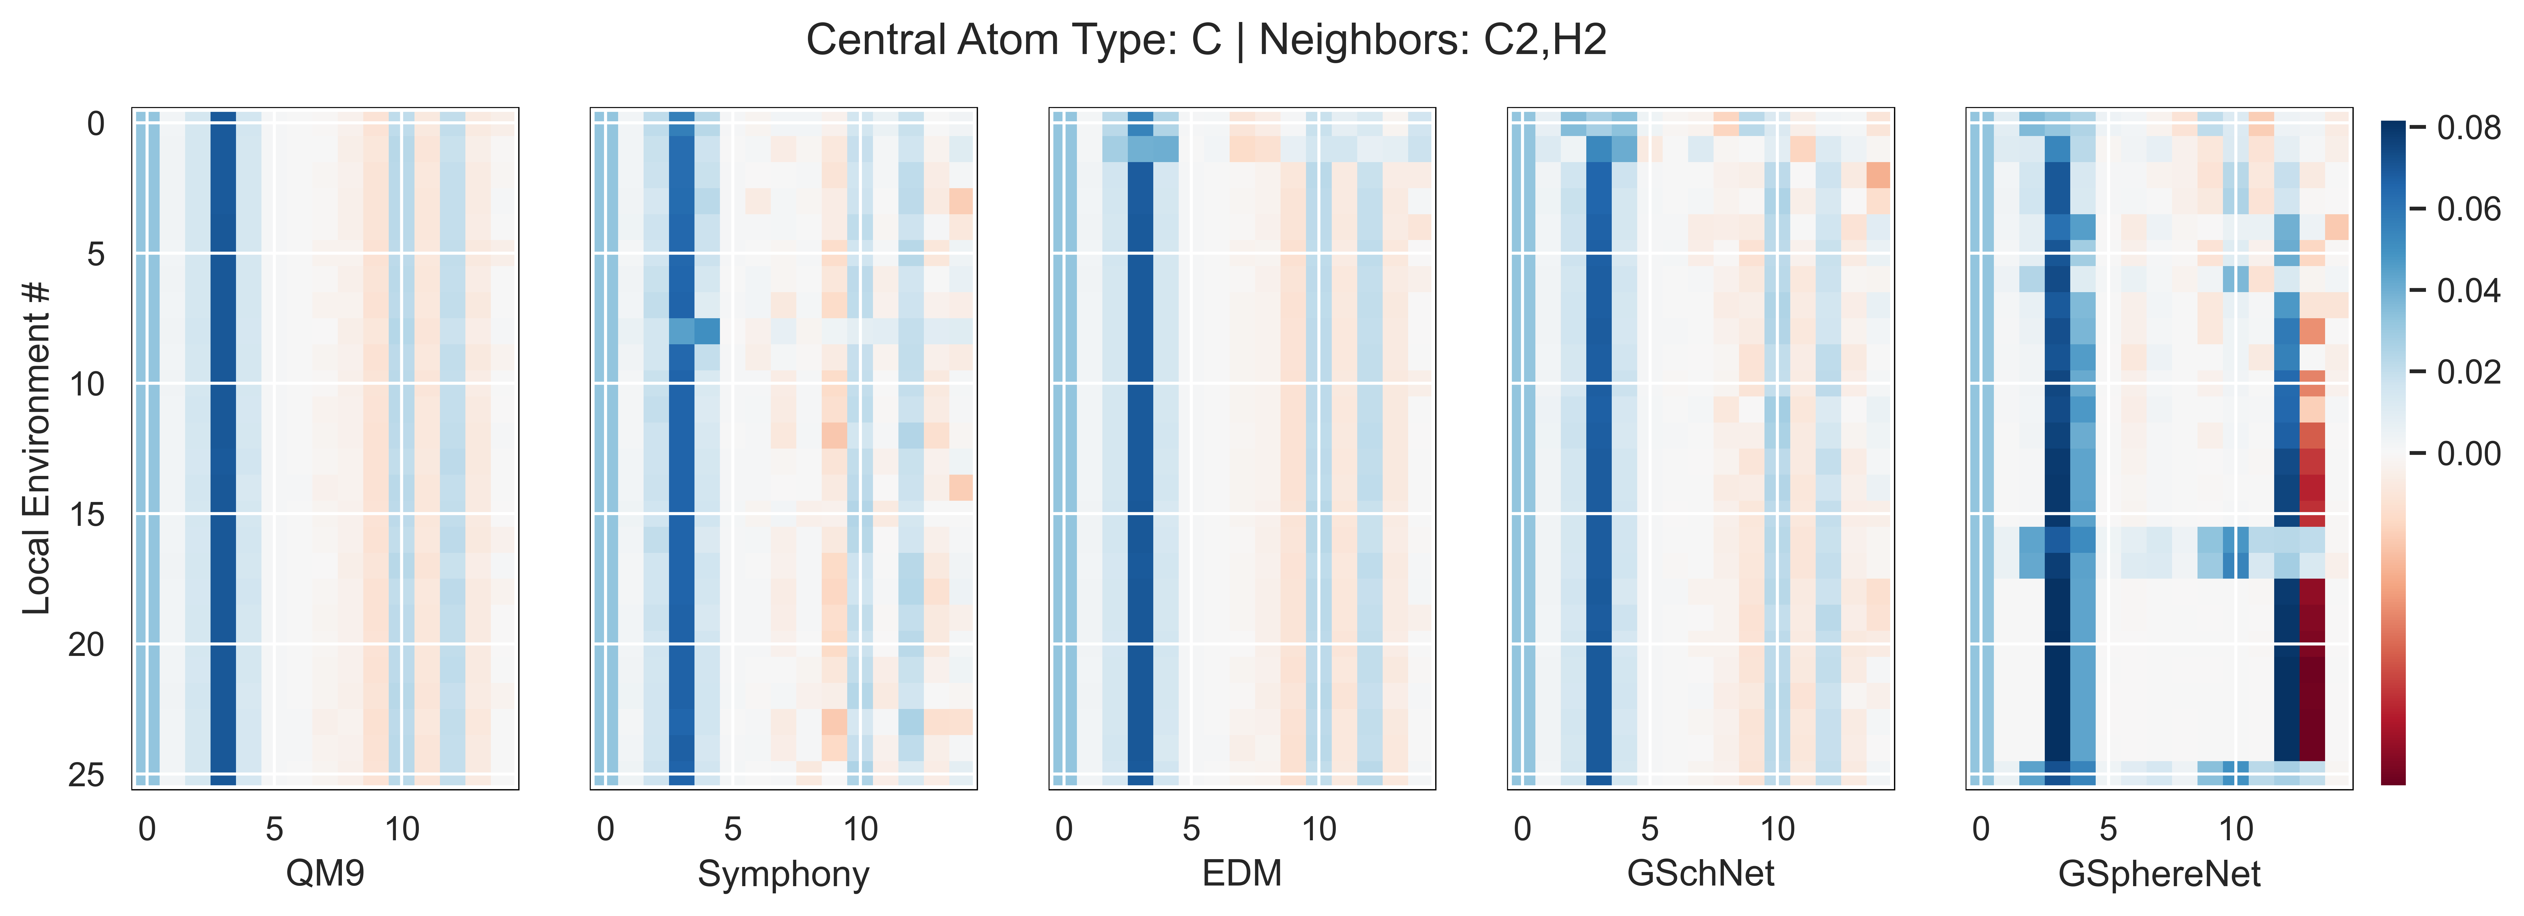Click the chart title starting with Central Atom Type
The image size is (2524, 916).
tap(1206, 40)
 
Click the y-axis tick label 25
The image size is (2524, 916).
tap(86, 775)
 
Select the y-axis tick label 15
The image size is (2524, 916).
tap(86, 514)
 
